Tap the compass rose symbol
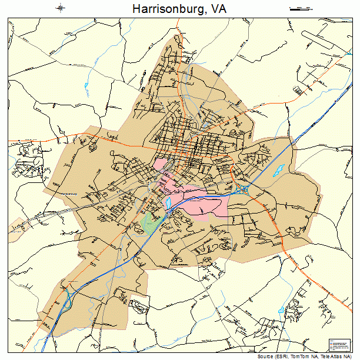61,8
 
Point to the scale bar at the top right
301,9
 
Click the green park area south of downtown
151,223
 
